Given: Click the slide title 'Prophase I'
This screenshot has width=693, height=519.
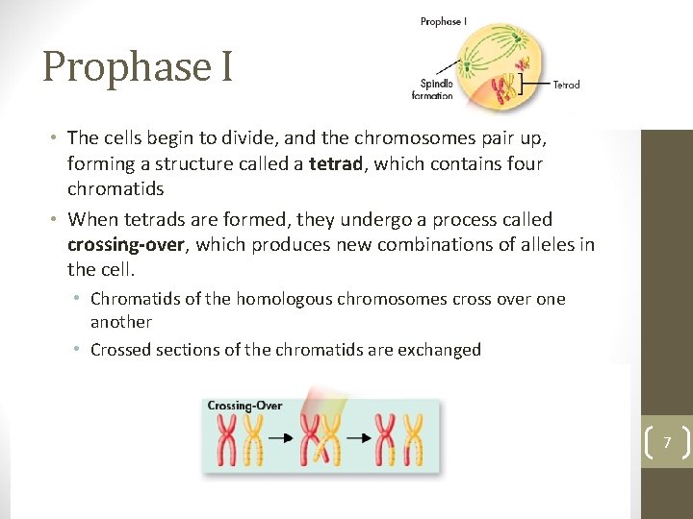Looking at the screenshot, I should coord(138,67).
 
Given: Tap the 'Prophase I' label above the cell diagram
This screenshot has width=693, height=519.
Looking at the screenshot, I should coord(444,21).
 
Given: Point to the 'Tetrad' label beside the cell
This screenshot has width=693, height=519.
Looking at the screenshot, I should coord(566,86).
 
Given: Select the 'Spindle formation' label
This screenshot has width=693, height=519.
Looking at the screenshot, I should coord(432,88).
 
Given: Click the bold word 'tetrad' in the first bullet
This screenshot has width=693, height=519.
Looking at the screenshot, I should coord(336,164).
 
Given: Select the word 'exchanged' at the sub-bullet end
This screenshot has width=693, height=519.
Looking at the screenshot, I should coord(438,350).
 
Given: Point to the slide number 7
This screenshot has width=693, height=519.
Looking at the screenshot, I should coord(665,442).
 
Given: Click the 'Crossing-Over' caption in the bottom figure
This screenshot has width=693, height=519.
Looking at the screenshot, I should coord(244,406).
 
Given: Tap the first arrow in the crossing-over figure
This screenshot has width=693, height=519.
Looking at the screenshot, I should coord(280,439).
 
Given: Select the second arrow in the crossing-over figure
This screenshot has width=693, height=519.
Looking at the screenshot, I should coord(359,439).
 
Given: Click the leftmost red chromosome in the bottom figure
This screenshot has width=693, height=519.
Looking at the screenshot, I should coord(228,440).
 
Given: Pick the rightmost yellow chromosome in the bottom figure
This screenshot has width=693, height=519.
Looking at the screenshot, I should coord(415,440).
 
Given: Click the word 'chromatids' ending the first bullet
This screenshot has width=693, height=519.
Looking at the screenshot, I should coord(115,189).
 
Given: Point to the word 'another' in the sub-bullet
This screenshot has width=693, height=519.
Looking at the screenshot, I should coord(121,322).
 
